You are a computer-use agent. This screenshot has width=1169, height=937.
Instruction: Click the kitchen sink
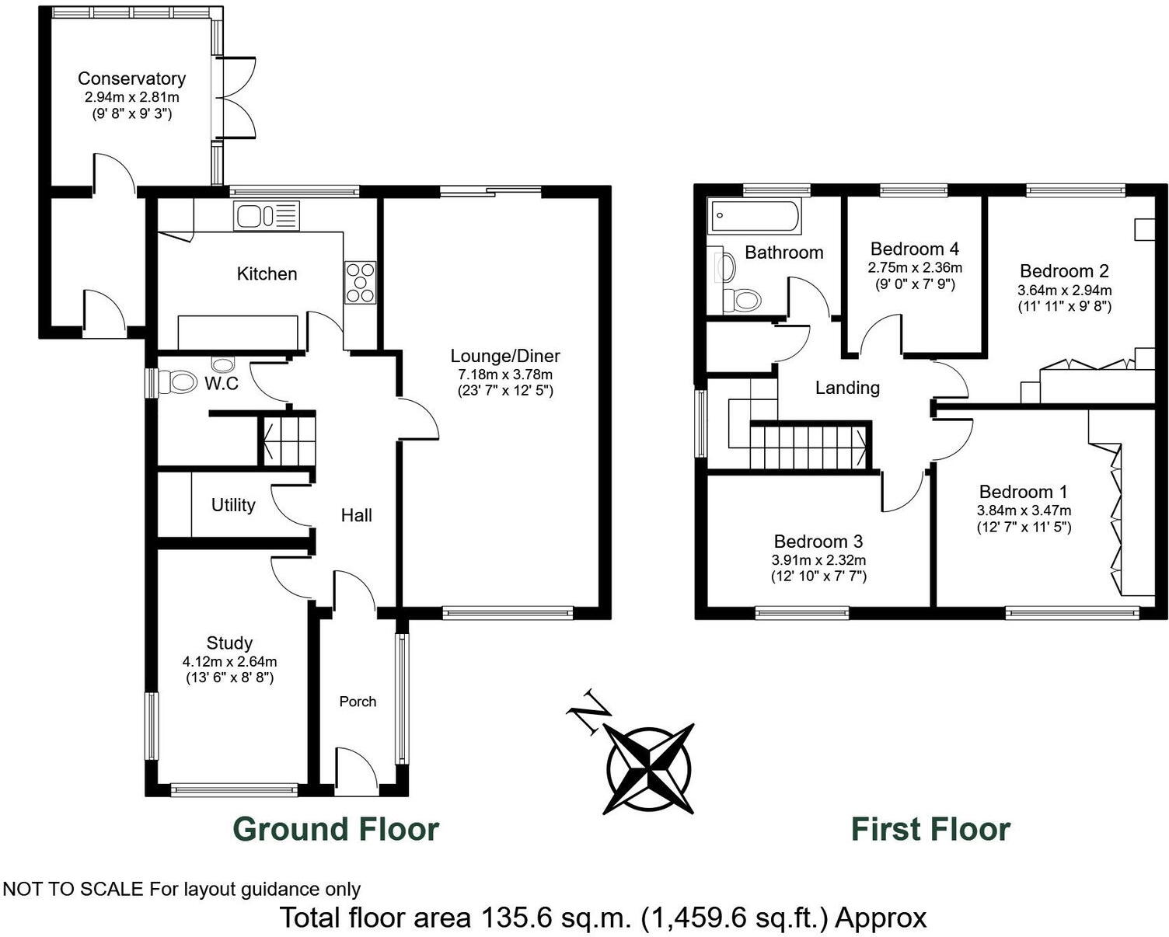[x=265, y=215]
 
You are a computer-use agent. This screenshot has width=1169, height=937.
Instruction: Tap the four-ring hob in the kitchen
[x=360, y=283]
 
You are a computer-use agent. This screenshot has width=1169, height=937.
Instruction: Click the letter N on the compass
[x=587, y=710]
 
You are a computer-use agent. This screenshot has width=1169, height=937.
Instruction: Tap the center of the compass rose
[x=650, y=768]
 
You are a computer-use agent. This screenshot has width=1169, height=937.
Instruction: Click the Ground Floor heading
[x=336, y=829]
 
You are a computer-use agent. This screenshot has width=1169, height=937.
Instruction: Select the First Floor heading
[x=930, y=829]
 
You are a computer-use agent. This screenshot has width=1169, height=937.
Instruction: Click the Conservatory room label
[x=131, y=78]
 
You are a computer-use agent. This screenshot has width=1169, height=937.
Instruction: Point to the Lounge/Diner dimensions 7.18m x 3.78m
[x=505, y=374]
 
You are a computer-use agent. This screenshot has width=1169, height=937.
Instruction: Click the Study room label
[x=229, y=643]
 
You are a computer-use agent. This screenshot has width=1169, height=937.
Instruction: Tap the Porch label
[x=358, y=702]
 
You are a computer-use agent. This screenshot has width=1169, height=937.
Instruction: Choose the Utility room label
[x=233, y=505]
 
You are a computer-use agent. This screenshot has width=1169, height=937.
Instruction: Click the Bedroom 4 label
[x=914, y=249]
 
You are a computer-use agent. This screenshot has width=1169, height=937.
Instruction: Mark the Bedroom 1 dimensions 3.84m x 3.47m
[x=1024, y=510]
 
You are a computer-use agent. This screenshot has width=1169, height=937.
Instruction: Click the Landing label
[x=847, y=387]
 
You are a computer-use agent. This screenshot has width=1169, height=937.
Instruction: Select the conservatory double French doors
[x=235, y=98]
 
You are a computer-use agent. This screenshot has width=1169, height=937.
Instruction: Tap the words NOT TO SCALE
[x=74, y=889]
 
